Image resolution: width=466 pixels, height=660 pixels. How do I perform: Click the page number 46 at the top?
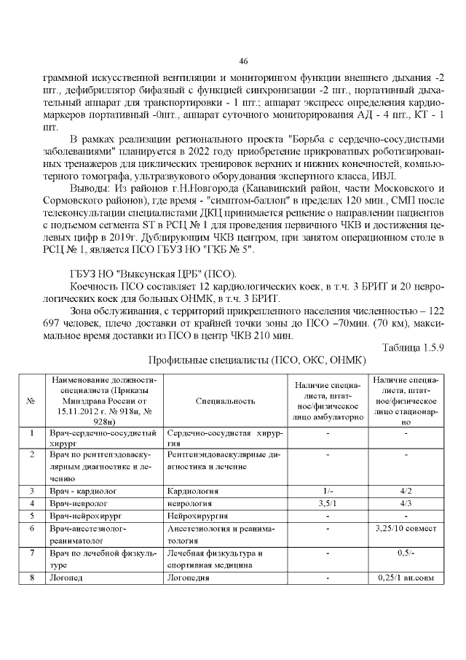243,61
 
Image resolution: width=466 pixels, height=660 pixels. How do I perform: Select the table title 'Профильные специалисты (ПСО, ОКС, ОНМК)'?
256,360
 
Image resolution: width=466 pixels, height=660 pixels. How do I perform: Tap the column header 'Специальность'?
226,400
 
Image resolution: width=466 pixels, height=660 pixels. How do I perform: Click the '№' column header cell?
31,400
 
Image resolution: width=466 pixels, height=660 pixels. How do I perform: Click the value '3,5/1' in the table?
328,503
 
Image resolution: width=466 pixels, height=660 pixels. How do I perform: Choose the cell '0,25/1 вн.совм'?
406,578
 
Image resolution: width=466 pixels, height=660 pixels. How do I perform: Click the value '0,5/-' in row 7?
406,553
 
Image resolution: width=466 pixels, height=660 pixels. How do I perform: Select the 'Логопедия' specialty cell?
189,578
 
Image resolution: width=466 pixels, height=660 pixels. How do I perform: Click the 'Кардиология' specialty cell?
193,491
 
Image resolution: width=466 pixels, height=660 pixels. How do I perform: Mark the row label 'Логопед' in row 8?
67,578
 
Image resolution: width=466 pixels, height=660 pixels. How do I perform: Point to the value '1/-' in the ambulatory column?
328,491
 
